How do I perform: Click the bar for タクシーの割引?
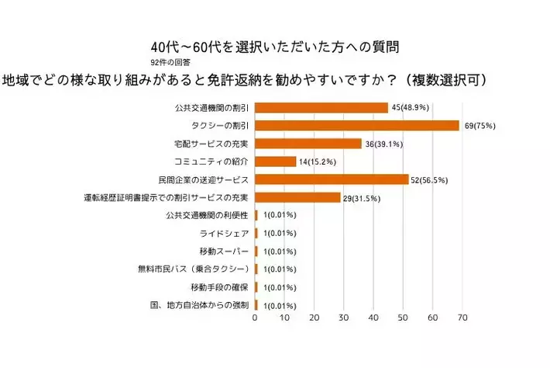click(x=358, y=126)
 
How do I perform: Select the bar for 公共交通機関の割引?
click(x=321, y=108)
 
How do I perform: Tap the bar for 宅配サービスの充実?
click(x=308, y=144)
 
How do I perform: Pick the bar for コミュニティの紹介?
click(x=276, y=161)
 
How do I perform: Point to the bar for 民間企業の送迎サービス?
click(x=332, y=179)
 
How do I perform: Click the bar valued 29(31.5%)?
click(x=297, y=197)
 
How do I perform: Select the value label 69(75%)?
click(x=480, y=126)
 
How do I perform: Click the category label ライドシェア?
click(x=225, y=233)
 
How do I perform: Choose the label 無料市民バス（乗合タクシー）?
click(x=194, y=269)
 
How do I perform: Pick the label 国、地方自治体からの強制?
click(x=198, y=305)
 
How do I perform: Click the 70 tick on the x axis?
click(x=462, y=318)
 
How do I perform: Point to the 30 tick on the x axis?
click(x=344, y=318)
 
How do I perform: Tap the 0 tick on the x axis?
click(x=255, y=318)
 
